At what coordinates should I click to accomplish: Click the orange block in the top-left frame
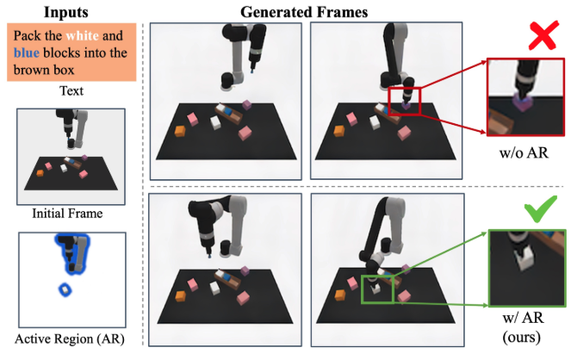click(x=181, y=131)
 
